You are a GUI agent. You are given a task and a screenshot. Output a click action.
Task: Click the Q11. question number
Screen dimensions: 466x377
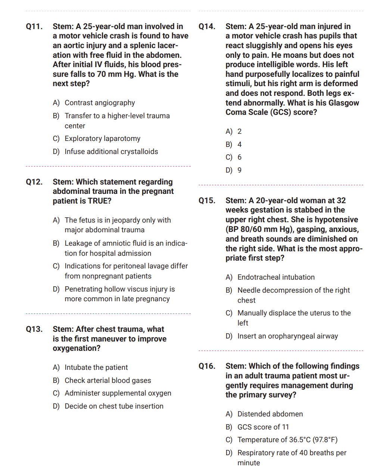(x=34, y=26)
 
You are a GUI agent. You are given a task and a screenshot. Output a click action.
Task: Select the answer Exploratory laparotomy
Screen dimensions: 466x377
(x=102, y=139)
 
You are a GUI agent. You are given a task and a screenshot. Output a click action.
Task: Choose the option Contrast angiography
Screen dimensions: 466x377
(x=100, y=103)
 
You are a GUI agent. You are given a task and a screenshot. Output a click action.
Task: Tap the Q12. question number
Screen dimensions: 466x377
(x=34, y=182)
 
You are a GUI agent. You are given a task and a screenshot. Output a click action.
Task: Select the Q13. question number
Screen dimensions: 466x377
(x=34, y=329)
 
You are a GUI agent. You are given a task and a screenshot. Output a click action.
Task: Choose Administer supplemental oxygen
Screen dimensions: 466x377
(x=118, y=393)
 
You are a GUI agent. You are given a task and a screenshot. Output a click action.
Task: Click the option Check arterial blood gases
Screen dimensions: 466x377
(x=108, y=381)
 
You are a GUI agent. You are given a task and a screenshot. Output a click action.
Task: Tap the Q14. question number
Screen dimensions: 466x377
(x=207, y=26)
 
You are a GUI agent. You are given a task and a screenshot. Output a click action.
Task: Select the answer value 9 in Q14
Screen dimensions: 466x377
(x=240, y=170)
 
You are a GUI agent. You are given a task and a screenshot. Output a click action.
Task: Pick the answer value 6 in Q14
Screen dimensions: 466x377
(x=240, y=157)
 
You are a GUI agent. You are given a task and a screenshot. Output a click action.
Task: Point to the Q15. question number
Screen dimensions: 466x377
(x=207, y=201)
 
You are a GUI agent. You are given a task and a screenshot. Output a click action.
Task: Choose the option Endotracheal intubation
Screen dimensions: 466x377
(x=276, y=277)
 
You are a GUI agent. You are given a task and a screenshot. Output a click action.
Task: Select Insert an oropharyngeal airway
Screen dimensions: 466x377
(x=287, y=336)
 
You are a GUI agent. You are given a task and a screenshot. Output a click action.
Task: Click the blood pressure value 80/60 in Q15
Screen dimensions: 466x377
(x=249, y=230)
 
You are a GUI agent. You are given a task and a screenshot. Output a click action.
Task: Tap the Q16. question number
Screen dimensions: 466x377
(x=207, y=366)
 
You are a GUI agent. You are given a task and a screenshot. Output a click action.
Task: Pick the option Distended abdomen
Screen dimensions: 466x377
(x=270, y=414)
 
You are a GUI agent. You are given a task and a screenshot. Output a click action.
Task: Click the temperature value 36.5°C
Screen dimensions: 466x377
(x=300, y=440)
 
